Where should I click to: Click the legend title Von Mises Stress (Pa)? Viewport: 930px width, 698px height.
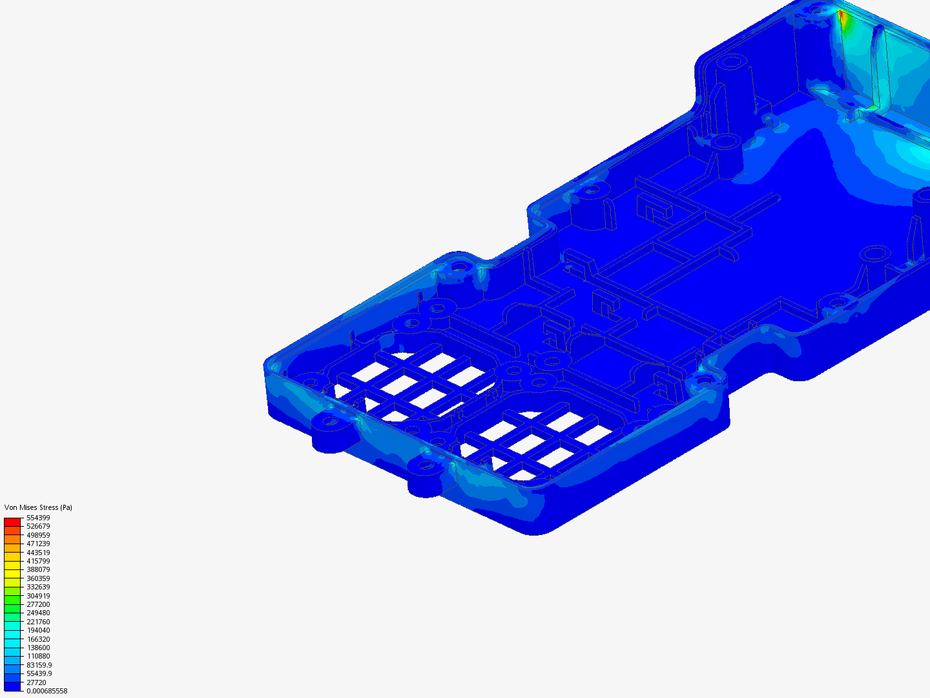point(38,507)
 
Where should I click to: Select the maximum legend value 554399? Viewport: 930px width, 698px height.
point(38,518)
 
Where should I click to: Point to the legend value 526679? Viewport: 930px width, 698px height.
point(38,526)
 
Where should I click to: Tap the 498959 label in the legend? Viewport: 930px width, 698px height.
point(38,535)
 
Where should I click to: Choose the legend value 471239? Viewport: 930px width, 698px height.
point(38,544)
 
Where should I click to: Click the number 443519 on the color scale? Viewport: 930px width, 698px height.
point(38,553)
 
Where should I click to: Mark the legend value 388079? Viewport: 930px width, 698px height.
point(38,569)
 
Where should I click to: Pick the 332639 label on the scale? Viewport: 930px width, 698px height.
point(38,587)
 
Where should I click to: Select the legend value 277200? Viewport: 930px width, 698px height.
point(38,604)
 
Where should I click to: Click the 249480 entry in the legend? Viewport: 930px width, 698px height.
point(38,613)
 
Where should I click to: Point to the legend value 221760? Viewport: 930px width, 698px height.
point(38,622)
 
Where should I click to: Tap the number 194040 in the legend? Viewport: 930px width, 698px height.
point(38,630)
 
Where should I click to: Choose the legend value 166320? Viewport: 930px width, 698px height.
point(38,639)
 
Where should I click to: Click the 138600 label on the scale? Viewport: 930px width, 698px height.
point(38,648)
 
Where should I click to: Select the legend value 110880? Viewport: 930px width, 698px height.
point(38,656)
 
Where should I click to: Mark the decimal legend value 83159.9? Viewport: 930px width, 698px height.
point(39,665)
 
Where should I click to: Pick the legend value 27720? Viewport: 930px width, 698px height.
point(36,682)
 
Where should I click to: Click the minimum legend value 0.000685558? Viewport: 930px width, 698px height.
point(46,691)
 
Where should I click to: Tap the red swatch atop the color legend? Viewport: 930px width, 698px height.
point(12,522)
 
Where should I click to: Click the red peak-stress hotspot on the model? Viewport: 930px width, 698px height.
point(842,17)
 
